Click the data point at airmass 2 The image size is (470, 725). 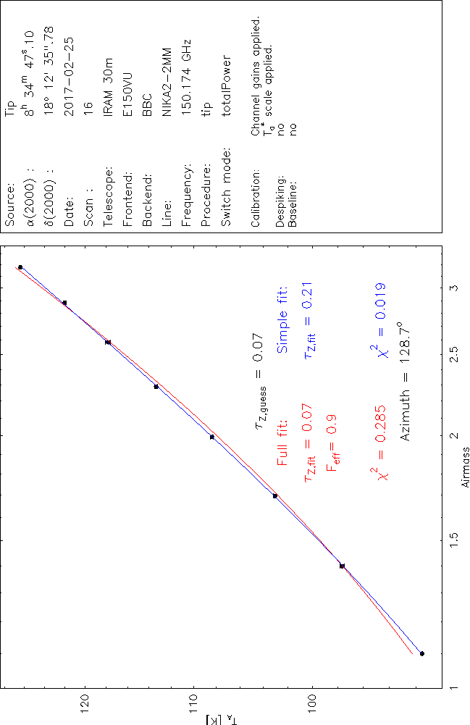[x=212, y=437]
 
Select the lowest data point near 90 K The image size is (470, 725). [x=422, y=653]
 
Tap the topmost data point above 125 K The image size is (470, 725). [x=20, y=267]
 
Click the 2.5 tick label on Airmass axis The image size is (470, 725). [x=455, y=354]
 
